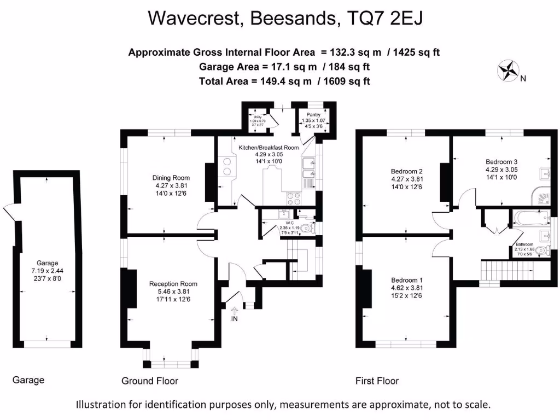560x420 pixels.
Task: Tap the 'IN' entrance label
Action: click(235, 318)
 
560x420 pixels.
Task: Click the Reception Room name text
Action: click(173, 284)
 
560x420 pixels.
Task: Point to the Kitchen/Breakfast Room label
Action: click(269, 148)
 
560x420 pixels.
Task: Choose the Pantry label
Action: click(313, 115)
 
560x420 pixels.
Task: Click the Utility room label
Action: click(256, 116)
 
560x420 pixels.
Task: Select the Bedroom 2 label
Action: click(407, 171)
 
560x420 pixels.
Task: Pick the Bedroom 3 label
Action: click(501, 162)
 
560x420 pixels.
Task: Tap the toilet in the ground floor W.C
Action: click(310, 229)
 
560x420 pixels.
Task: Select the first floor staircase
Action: click(506, 269)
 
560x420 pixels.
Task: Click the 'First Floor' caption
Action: click(377, 381)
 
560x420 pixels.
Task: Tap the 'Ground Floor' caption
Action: click(150, 381)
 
